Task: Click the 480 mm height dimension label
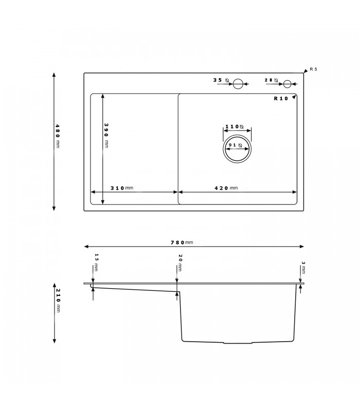[58, 136]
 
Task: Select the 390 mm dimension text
[106, 135]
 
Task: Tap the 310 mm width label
[122, 188]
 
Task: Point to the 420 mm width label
[226, 188]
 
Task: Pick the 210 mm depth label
[58, 301]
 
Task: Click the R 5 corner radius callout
[314, 69]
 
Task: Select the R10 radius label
[281, 98]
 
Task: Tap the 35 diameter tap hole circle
[238, 83]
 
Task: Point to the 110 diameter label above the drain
[235, 126]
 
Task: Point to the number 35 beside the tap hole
[218, 80]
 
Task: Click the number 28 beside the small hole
[268, 80]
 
